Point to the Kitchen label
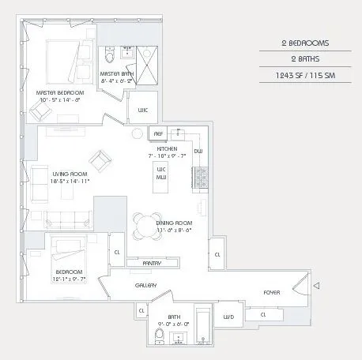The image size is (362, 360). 167,148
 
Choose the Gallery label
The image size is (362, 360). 145,285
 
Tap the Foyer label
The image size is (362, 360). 273,292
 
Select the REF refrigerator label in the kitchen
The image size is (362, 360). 159,134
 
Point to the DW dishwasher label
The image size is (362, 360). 198,151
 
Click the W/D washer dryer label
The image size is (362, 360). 229,317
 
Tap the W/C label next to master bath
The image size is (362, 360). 143,110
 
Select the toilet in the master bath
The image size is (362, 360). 111,54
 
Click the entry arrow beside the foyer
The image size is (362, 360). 316,284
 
